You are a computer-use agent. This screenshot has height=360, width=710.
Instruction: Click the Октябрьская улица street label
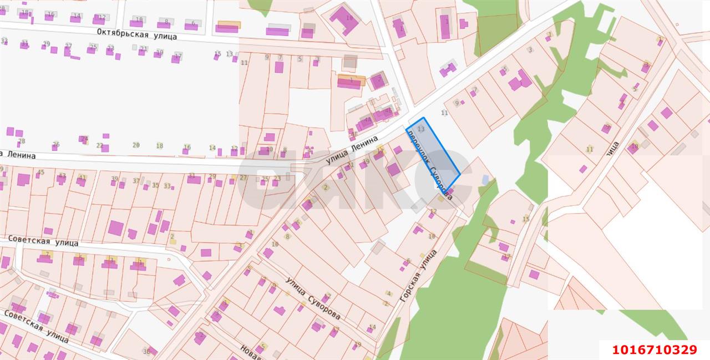(136, 34)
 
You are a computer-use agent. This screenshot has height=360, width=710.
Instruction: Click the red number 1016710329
(654, 350)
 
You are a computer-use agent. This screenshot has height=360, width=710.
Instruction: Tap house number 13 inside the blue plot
(421, 129)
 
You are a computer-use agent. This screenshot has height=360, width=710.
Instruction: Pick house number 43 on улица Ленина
(62, 176)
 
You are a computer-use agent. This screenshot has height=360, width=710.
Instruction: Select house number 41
(82, 178)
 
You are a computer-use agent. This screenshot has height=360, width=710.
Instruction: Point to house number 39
(115, 179)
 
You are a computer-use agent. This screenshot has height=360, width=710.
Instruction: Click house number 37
(136, 181)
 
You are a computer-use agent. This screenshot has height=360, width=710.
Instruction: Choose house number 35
(155, 185)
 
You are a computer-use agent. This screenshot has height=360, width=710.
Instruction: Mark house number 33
(167, 186)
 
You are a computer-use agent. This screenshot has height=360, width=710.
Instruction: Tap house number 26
(55, 144)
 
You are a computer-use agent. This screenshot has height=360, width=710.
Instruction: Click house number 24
(84, 139)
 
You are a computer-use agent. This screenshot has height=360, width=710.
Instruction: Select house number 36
(146, 351)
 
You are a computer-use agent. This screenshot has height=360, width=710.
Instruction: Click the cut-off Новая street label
(251, 351)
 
